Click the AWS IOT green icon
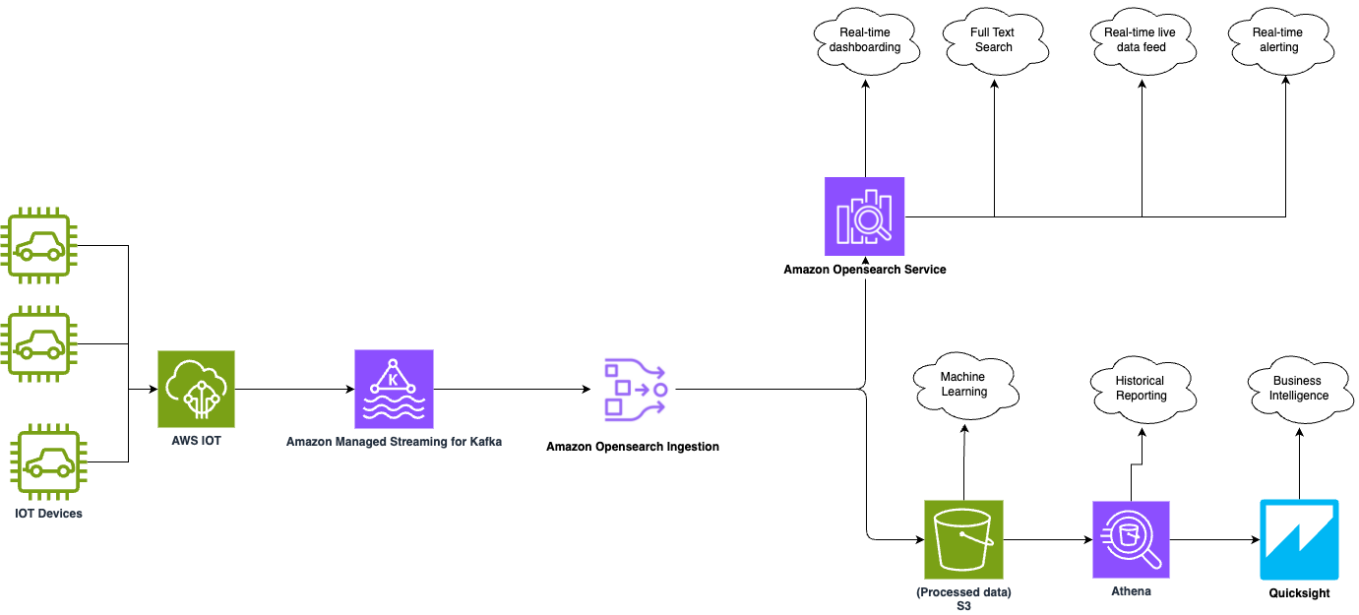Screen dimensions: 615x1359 point(196,389)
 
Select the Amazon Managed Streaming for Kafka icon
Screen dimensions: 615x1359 point(394,389)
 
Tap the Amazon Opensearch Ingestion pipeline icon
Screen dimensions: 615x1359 point(635,390)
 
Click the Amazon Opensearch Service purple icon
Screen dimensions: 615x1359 point(864,216)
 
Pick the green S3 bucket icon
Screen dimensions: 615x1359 point(963,539)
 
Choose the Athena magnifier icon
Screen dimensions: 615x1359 point(1131,539)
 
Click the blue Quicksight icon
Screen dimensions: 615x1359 point(1299,539)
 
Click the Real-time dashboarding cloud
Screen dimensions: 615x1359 point(865,40)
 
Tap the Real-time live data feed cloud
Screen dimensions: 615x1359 point(1141,40)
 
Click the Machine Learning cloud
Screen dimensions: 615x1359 point(963,385)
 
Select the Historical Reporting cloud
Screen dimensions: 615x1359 point(1141,389)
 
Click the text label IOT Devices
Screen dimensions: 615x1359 point(49,514)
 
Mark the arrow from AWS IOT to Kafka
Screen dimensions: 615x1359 point(295,389)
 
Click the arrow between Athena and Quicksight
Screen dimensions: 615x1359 point(1215,539)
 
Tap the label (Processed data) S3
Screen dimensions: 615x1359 point(963,599)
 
